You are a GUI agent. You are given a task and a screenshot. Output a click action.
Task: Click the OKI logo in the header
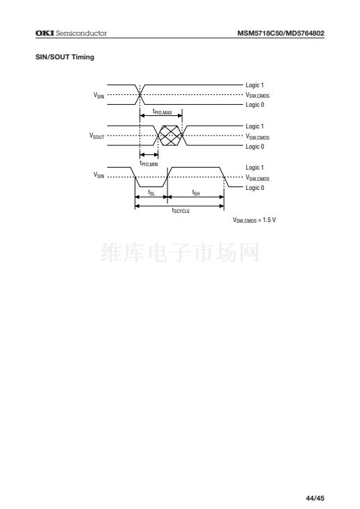45,33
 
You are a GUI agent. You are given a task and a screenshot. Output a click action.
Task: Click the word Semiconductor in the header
82,33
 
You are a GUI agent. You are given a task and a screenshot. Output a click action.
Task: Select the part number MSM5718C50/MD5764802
281,33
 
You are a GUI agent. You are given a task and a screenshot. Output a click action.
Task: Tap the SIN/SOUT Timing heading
65,57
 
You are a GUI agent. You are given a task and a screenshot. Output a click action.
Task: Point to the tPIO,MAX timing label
162,112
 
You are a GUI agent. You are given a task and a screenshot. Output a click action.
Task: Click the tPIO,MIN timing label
149,163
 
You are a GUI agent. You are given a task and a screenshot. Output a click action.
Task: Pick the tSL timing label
151,193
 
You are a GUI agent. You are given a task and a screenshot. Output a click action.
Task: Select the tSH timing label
196,193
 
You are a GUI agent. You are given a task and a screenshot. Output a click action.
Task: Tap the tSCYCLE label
181,210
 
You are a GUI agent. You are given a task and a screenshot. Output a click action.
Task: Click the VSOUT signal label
97,135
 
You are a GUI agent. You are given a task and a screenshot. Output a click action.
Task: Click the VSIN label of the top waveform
99,95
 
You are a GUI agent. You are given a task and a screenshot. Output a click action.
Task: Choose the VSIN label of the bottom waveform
99,175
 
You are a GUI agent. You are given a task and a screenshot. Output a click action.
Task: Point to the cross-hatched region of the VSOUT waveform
170,135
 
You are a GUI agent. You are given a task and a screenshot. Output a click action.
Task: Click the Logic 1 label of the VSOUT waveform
255,126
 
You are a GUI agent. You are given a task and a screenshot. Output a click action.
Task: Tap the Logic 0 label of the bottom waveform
255,188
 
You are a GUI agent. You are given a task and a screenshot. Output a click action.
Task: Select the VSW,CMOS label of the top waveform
257,95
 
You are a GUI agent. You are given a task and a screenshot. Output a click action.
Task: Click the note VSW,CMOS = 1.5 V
254,220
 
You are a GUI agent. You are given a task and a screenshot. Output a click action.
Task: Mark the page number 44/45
315,498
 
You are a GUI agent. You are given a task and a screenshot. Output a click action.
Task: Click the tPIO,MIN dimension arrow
149,155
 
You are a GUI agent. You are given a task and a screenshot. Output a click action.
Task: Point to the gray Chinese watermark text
180,253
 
